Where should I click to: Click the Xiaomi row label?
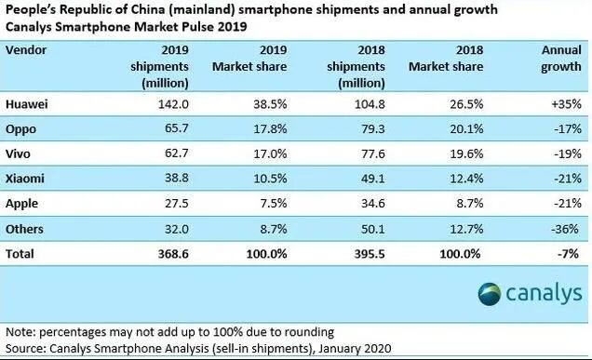pyautogui.click(x=25, y=176)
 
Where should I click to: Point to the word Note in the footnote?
pyautogui.click(x=20, y=332)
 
